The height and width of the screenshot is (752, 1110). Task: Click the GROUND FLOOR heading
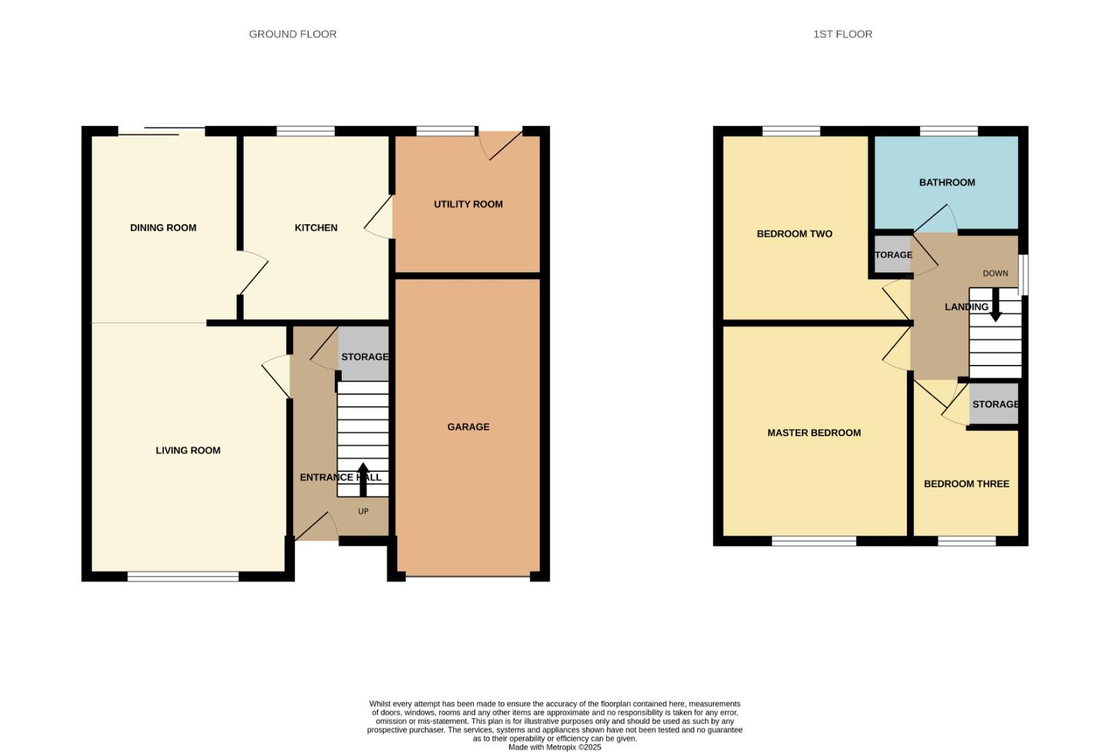pyautogui.click(x=292, y=34)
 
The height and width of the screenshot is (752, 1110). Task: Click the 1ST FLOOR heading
pyautogui.click(x=842, y=34)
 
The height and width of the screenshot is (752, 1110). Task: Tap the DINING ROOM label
pyautogui.click(x=163, y=228)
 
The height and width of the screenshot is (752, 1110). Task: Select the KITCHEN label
pyautogui.click(x=316, y=228)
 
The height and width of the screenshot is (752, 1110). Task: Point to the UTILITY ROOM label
pyautogui.click(x=468, y=204)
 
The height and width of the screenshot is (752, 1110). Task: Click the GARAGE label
pyautogui.click(x=468, y=427)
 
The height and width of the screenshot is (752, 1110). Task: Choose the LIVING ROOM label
pyautogui.click(x=188, y=451)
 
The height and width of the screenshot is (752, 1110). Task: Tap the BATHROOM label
pyautogui.click(x=946, y=182)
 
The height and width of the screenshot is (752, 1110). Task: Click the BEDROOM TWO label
pyautogui.click(x=794, y=234)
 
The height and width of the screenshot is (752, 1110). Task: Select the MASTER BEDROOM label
pyautogui.click(x=814, y=432)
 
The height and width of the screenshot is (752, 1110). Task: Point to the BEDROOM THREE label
pyautogui.click(x=966, y=484)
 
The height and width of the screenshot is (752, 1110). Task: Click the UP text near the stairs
pyautogui.click(x=363, y=511)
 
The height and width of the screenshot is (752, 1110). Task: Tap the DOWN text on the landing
pyautogui.click(x=995, y=274)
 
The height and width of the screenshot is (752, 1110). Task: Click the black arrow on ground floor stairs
pyautogui.click(x=363, y=479)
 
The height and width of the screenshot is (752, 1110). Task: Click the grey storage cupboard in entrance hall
pyautogui.click(x=363, y=354)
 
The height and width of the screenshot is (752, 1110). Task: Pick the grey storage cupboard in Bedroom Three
pyautogui.click(x=994, y=404)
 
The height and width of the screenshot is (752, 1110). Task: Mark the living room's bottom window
pyautogui.click(x=183, y=576)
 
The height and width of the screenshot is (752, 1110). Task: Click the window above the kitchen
pyautogui.click(x=306, y=131)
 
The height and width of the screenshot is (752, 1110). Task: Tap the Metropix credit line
pyautogui.click(x=555, y=747)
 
